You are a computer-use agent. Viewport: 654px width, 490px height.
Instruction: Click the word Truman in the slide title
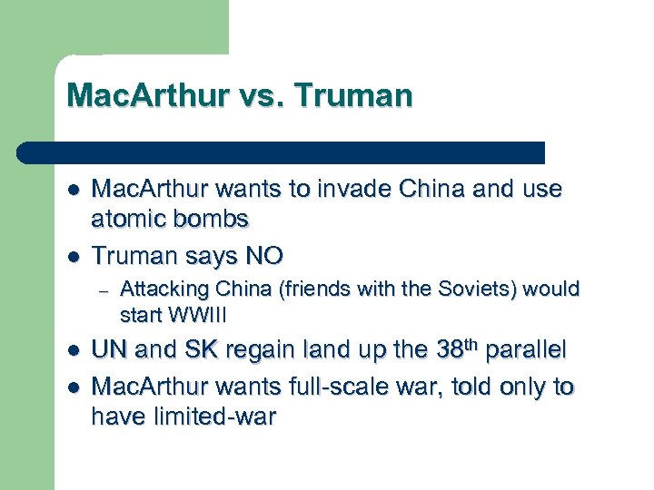tap(359, 94)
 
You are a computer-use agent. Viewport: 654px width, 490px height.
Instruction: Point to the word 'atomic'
tap(128, 219)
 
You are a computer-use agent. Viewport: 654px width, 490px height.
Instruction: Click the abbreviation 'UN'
tap(110, 351)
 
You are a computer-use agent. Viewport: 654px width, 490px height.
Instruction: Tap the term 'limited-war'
tap(209, 417)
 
